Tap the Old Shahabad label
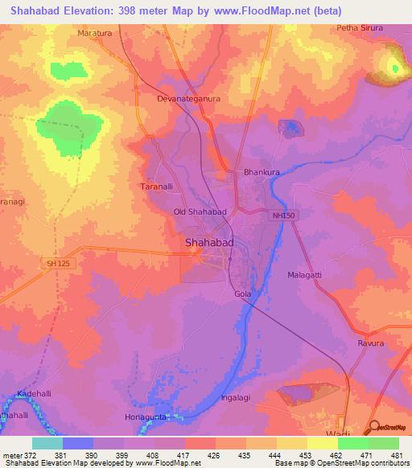pyautogui.click(x=200, y=211)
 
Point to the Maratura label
pyautogui.click(x=94, y=33)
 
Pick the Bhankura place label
pyautogui.click(x=262, y=172)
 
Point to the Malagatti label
pyautogui.click(x=305, y=275)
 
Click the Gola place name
pyautogui.click(x=242, y=294)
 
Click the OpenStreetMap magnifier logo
pyautogui.click(x=375, y=427)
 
